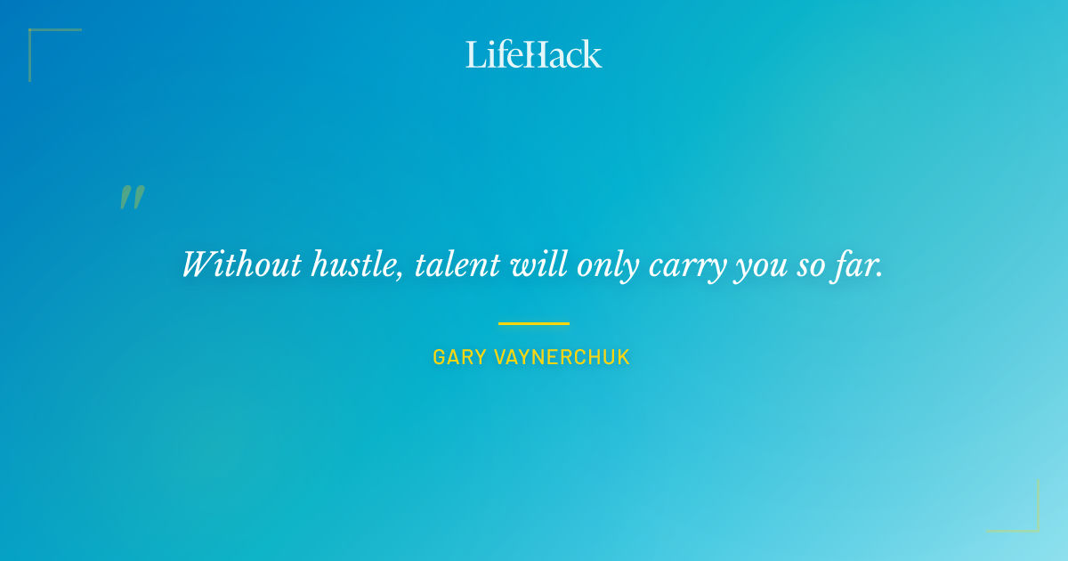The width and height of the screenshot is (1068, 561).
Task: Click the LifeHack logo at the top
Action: coord(533,54)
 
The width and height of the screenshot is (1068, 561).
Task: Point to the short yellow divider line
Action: coord(533,323)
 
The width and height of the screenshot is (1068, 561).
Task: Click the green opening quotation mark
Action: coord(132,197)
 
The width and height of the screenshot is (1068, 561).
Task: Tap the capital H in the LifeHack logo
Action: coord(533,54)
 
